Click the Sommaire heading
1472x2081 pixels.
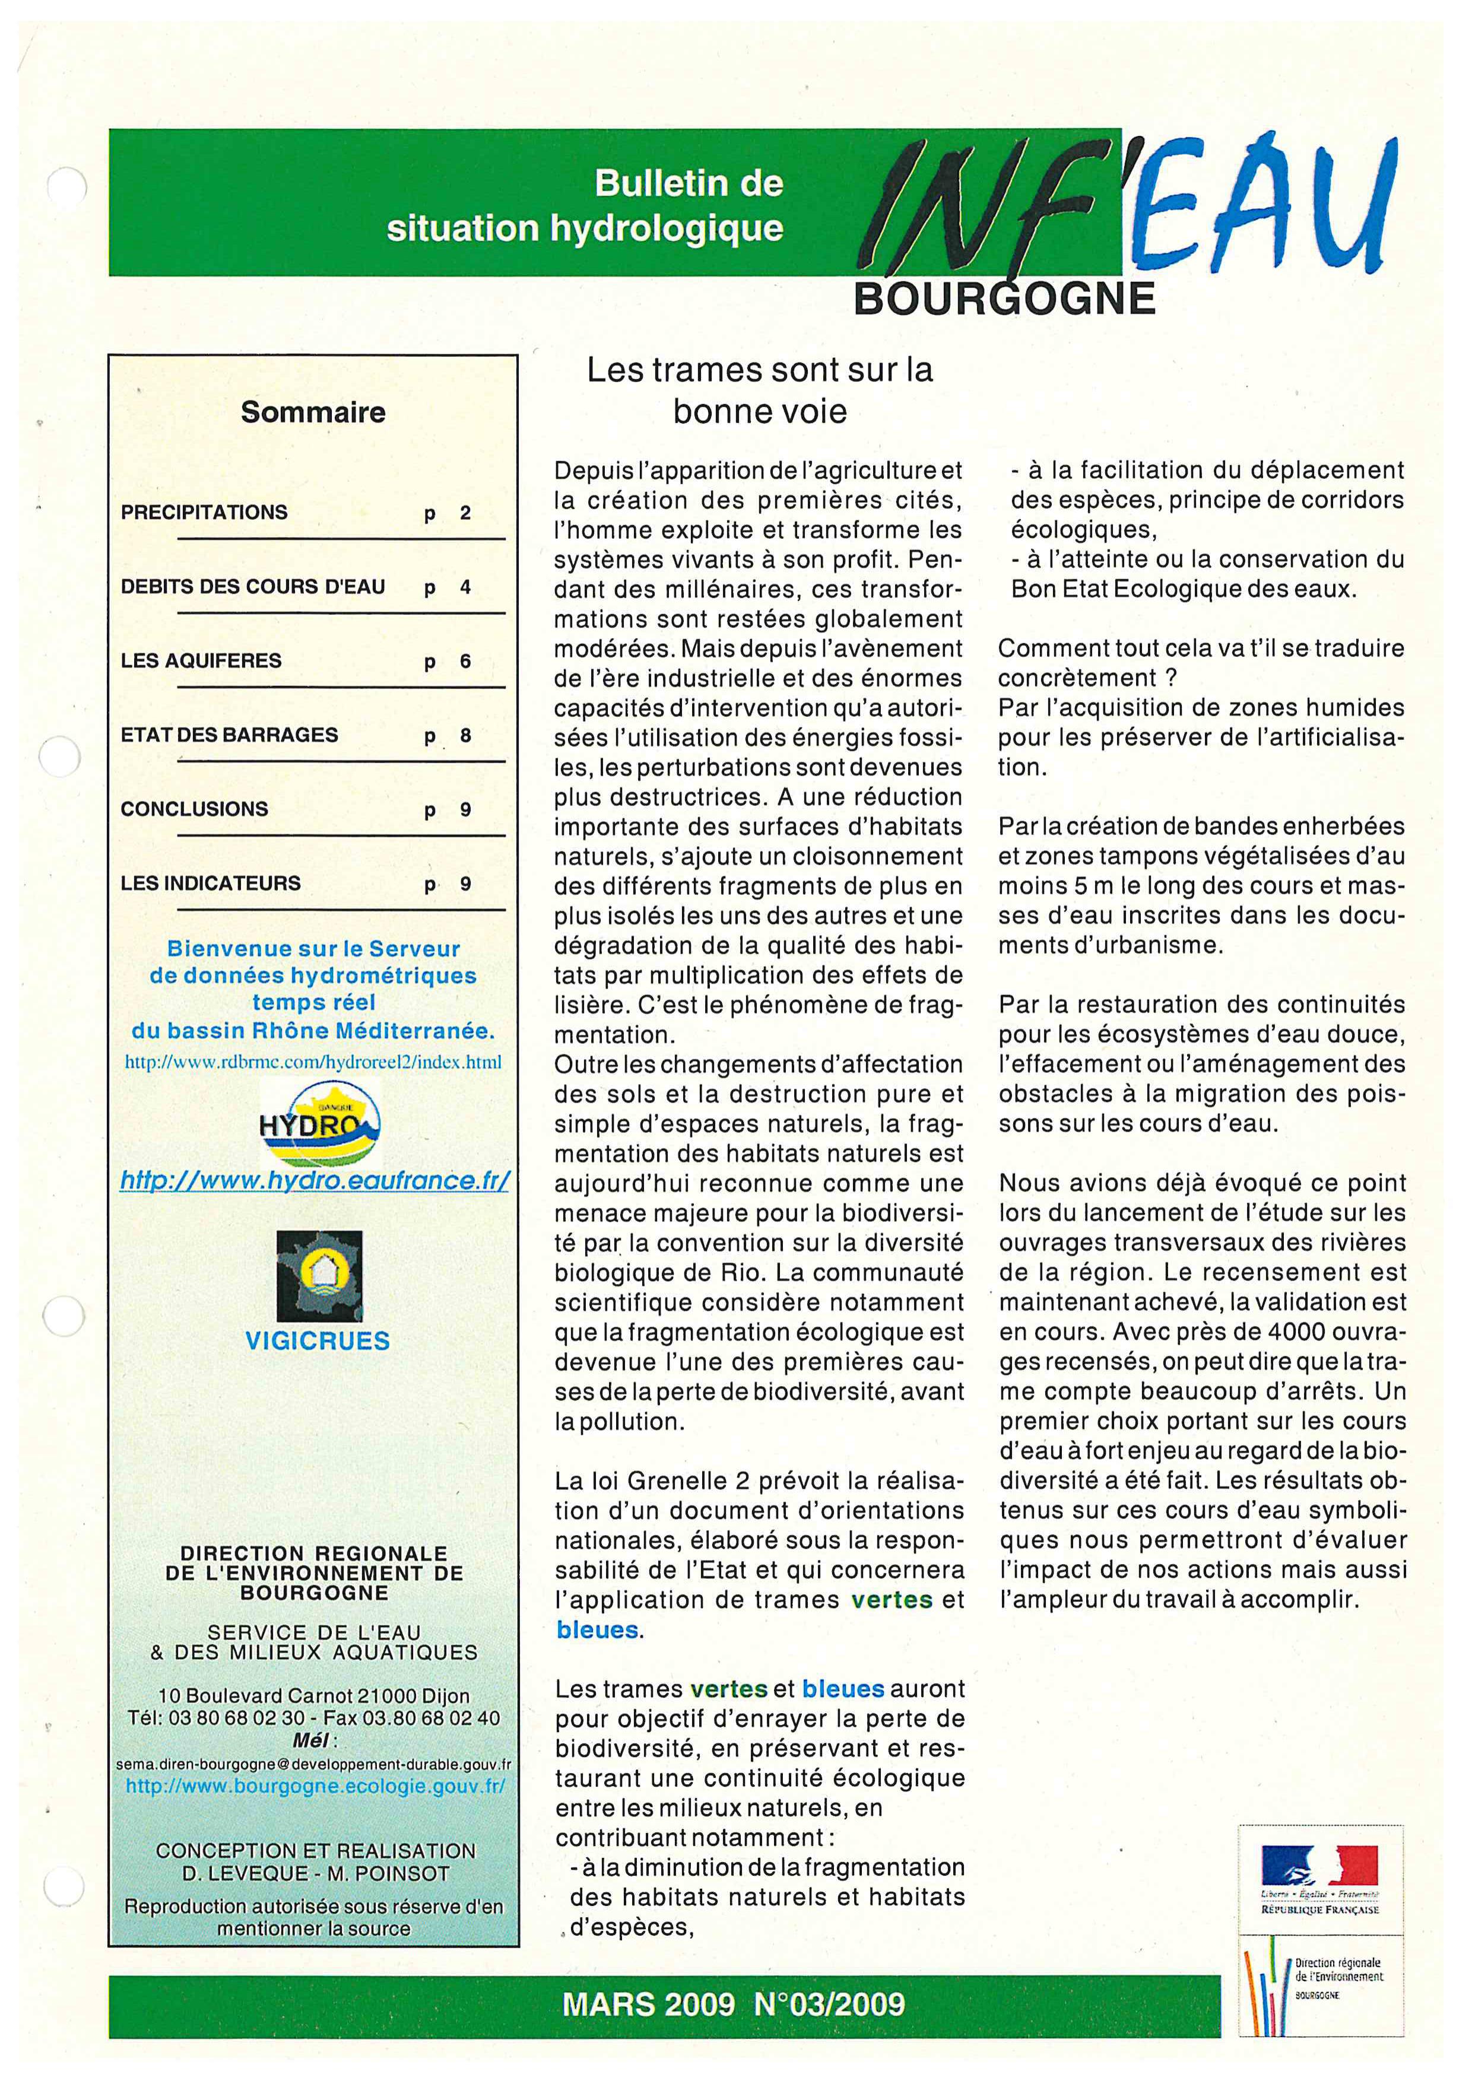pyautogui.click(x=313, y=412)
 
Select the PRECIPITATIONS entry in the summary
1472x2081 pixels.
pyautogui.click(x=204, y=512)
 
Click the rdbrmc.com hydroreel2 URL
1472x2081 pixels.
pyautogui.click(x=313, y=1062)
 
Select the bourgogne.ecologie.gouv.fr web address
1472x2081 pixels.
pyautogui.click(x=315, y=1787)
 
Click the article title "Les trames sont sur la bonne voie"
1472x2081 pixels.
pyautogui.click(x=760, y=390)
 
